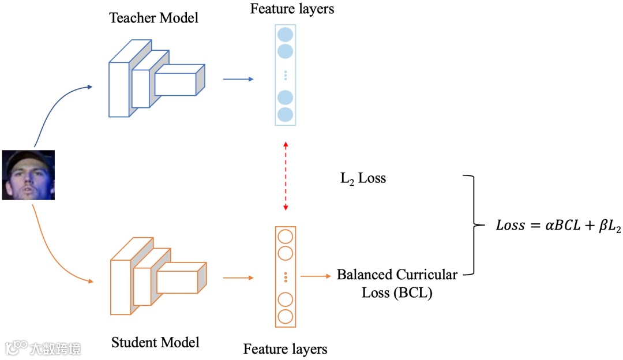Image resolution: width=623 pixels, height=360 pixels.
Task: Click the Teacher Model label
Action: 154,18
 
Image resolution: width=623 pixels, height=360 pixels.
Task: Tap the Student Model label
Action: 155,342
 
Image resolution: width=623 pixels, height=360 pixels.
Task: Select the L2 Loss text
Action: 363,178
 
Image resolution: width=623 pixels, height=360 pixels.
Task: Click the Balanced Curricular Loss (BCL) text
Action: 397,283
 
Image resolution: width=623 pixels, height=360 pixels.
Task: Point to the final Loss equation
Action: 550,226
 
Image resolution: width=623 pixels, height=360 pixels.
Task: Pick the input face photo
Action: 28,175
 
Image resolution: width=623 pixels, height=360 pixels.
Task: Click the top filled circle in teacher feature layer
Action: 286,35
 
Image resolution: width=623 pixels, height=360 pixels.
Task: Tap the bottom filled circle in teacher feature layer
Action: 286,115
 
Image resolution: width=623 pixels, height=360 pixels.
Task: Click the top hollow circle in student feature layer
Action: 286,237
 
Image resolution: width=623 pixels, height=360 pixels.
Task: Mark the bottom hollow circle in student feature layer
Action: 286,317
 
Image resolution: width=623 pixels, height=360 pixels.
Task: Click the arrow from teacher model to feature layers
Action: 238,78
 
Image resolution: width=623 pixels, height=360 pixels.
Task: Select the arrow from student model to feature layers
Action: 238,278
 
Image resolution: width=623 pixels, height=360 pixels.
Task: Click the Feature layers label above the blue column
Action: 292,9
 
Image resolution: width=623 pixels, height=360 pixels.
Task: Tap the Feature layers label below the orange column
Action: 285,349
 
